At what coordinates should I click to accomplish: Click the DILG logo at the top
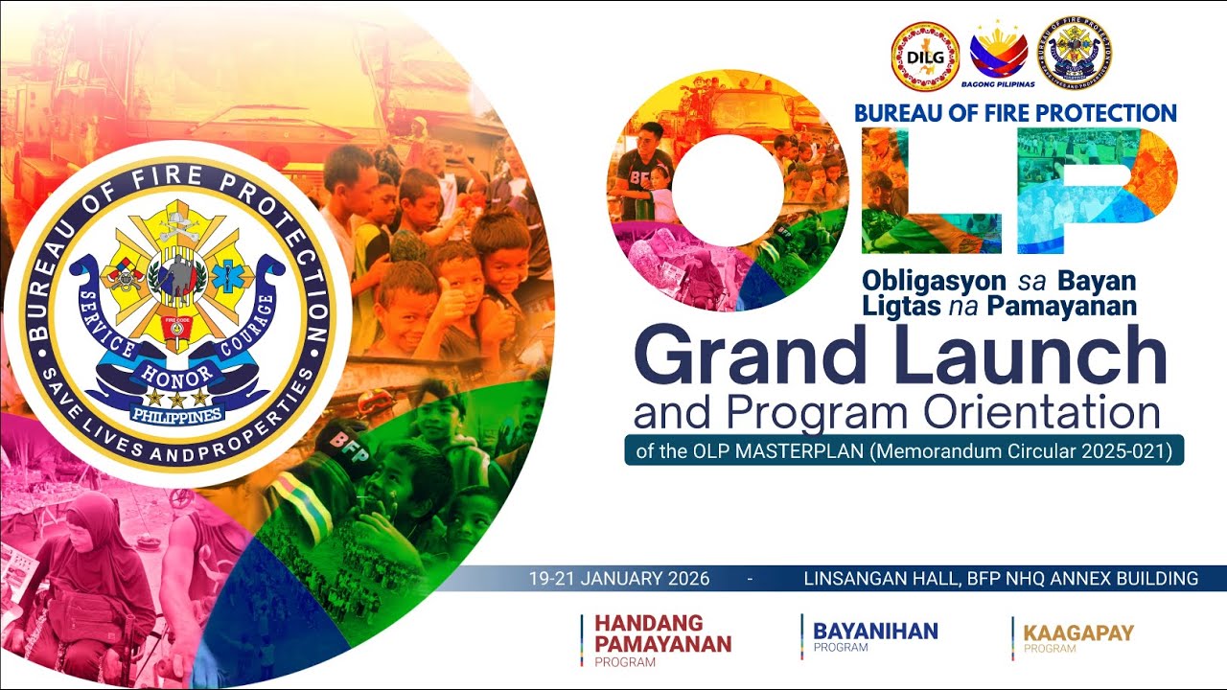pyautogui.click(x=925, y=56)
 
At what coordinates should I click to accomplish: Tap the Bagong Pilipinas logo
pyautogui.click(x=999, y=53)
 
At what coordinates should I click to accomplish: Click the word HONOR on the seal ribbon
pyautogui.click(x=170, y=372)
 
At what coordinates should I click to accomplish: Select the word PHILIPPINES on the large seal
pyautogui.click(x=176, y=415)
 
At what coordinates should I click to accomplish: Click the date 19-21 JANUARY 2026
pyautogui.click(x=619, y=579)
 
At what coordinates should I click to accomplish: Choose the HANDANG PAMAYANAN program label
pyautogui.click(x=662, y=634)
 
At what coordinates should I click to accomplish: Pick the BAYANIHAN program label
pyautogui.click(x=875, y=631)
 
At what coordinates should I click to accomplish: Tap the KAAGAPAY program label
pyautogui.click(x=1078, y=632)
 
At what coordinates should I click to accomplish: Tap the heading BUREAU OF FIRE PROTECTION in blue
pyautogui.click(x=1015, y=113)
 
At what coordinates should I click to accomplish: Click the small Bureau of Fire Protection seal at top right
pyautogui.click(x=1078, y=53)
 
